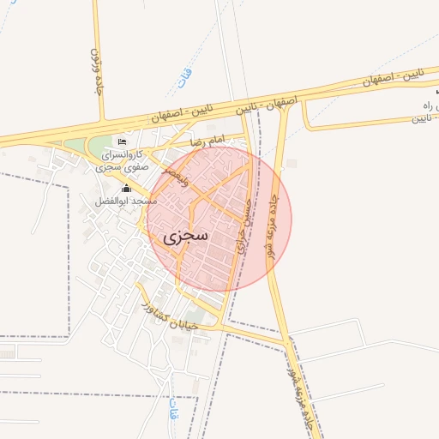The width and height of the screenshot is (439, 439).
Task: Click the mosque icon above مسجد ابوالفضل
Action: [x=127, y=188]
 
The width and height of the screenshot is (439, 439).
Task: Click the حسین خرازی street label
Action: [x=245, y=225]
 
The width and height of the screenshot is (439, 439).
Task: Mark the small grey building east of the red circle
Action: [x=292, y=163]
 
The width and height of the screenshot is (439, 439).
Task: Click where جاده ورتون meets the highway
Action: [x=104, y=122]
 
